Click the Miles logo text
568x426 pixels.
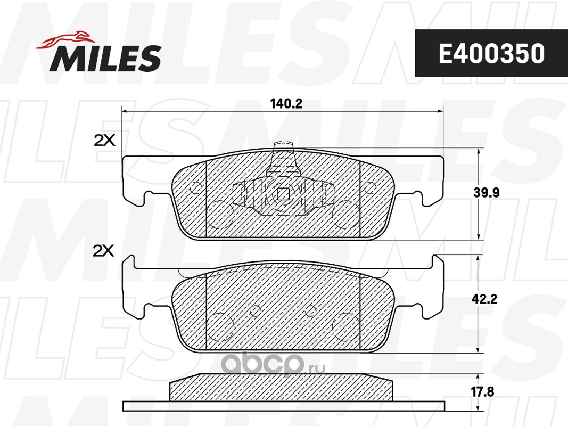[x=105, y=58]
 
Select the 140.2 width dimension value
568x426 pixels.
[x=286, y=104]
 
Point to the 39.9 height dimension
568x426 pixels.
[x=486, y=193]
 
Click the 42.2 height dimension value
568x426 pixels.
[x=484, y=299]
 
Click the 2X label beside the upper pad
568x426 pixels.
[x=104, y=140]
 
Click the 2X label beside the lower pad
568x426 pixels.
[x=104, y=251]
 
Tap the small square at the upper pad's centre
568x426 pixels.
[x=283, y=194]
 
